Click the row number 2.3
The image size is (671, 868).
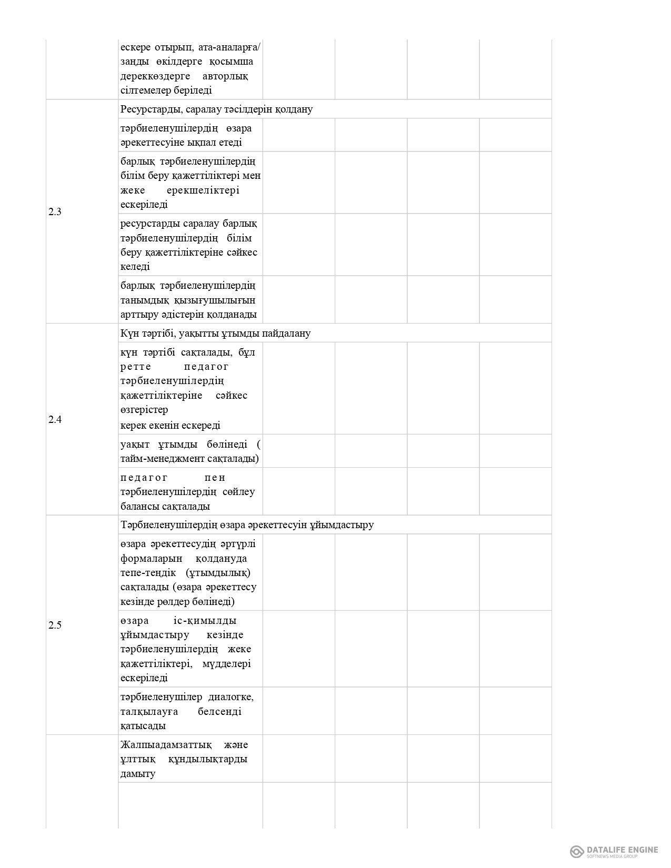tap(55, 212)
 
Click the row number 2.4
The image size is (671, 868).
tap(55, 420)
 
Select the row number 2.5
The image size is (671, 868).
tap(55, 625)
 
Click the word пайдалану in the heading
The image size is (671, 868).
tap(288, 334)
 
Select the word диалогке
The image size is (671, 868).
tap(231, 697)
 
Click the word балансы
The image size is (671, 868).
tap(139, 507)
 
